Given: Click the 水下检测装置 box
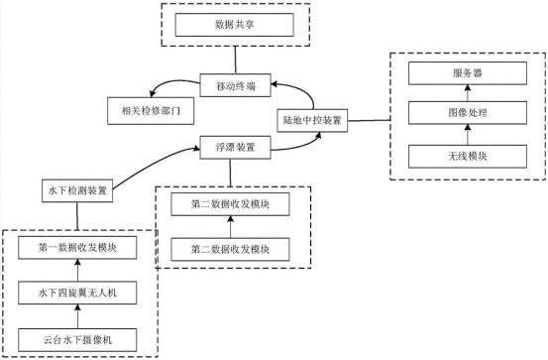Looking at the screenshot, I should [78, 187].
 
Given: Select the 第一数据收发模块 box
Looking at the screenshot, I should [78, 249].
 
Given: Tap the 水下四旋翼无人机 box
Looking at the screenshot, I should [78, 294].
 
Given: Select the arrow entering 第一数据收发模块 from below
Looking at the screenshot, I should [78, 271].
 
